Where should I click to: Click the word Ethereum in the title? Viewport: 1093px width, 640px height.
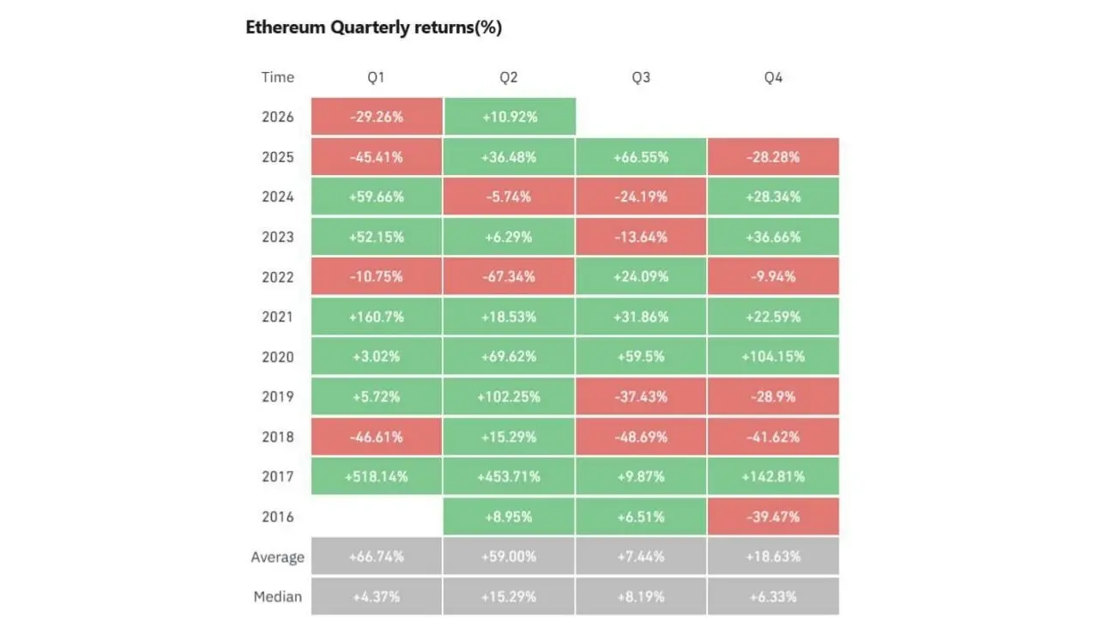[286, 27]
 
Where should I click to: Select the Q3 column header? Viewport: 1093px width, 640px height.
[641, 77]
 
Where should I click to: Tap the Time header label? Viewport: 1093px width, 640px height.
[278, 77]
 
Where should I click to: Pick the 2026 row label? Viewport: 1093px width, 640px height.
[278, 117]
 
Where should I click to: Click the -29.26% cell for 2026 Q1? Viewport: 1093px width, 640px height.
[377, 116]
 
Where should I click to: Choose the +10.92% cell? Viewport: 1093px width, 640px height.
[510, 116]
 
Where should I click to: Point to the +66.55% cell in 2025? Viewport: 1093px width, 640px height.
[641, 157]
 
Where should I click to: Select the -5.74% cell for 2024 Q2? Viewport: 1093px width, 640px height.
[509, 196]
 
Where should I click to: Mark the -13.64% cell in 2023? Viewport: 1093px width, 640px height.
[641, 237]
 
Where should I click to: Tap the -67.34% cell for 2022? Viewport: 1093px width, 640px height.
[509, 276]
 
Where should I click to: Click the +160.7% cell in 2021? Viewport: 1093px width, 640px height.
[377, 317]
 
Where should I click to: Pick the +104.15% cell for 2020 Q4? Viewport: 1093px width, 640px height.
[773, 357]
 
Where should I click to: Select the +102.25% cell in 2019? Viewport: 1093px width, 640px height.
[509, 396]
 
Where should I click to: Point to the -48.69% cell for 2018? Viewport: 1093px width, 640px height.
[641, 437]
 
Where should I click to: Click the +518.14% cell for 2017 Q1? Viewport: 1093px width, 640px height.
[377, 476]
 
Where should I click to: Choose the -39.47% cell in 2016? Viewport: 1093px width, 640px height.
[773, 516]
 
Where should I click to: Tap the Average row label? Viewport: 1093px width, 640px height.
[278, 557]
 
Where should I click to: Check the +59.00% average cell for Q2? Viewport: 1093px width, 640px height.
[509, 556]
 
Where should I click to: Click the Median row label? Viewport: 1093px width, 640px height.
[278, 596]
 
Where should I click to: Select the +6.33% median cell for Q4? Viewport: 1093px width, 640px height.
[773, 596]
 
